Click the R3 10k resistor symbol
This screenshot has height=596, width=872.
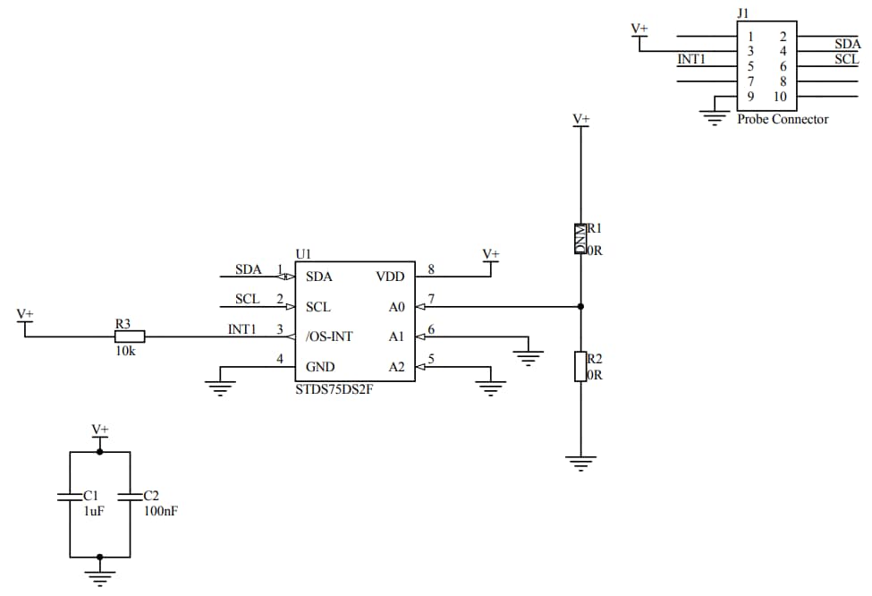click(x=130, y=336)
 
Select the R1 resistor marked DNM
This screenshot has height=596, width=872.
click(x=580, y=239)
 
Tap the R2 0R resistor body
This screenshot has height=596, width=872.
click(x=580, y=366)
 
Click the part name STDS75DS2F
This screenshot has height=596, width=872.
click(x=333, y=389)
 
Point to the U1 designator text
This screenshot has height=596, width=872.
click(x=302, y=254)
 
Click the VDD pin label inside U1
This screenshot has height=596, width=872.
click(x=391, y=277)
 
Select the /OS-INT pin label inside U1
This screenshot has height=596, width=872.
click(x=329, y=336)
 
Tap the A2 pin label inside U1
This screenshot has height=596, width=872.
click(x=396, y=367)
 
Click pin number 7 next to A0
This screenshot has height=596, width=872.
click(x=432, y=299)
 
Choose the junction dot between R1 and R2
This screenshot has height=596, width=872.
click(x=580, y=306)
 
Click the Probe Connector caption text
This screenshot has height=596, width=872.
click(x=783, y=119)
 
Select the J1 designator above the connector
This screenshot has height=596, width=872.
click(x=742, y=13)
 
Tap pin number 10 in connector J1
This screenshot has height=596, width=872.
click(x=780, y=97)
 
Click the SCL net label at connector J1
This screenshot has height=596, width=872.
click(x=846, y=59)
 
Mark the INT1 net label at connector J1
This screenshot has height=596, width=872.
click(x=692, y=59)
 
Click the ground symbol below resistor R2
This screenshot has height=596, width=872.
click(x=580, y=464)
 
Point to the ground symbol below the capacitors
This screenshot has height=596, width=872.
click(x=99, y=576)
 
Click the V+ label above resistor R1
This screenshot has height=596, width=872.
click(x=580, y=118)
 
